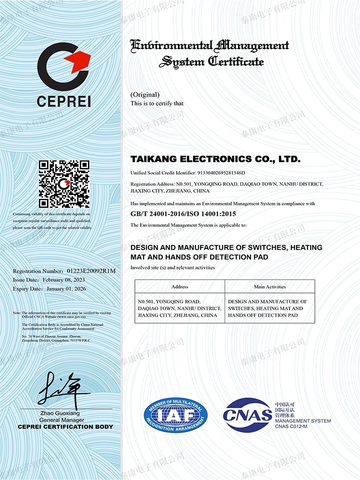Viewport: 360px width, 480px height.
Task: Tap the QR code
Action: point(64,184)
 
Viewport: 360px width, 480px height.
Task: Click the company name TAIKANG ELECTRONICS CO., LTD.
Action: point(215,159)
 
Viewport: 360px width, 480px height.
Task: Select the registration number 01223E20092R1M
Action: point(91,271)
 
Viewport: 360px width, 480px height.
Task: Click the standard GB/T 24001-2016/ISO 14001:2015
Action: point(183,214)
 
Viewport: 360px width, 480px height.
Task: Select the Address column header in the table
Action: point(180,287)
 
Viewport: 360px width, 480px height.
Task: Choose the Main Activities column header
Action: point(270,287)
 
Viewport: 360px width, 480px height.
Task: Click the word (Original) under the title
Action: point(144,94)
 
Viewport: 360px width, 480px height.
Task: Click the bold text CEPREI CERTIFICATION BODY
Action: point(65,427)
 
